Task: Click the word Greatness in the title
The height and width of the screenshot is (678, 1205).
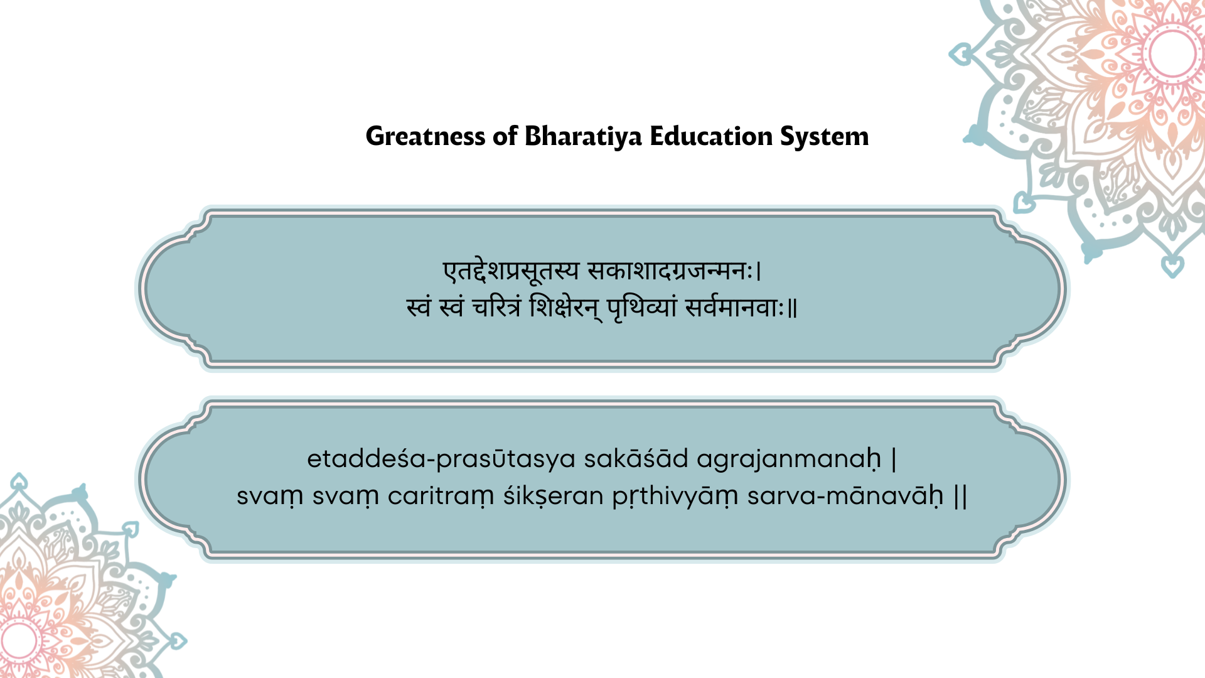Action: (425, 137)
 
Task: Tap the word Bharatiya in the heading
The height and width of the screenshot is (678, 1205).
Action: (583, 137)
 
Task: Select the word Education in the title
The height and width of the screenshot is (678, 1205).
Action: (711, 136)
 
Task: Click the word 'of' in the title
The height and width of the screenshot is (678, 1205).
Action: (505, 136)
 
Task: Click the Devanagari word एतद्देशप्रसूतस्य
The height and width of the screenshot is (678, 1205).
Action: (511, 271)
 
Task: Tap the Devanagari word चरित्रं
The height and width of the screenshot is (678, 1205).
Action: (496, 308)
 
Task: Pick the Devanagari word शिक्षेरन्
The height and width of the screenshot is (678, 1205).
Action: (565, 308)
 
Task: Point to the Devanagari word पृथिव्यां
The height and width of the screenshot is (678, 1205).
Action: (642, 308)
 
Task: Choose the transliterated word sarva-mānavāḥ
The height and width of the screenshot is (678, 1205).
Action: (845, 496)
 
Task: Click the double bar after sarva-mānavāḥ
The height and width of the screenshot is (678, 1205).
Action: (960, 497)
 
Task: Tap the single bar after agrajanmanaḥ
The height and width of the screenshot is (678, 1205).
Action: (894, 460)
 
